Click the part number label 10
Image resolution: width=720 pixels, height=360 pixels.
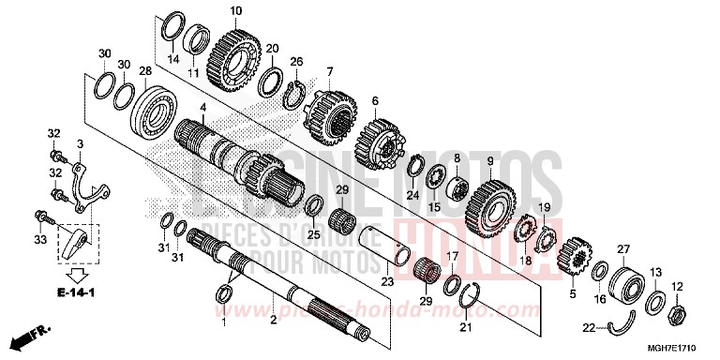pos(235,10)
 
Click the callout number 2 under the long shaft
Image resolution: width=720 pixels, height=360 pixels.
pos(273,321)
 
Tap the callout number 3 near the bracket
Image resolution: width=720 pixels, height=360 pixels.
pos(82,142)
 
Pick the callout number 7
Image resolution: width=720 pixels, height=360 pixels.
pos(330,71)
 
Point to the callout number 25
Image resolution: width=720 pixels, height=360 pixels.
pos(315,233)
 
